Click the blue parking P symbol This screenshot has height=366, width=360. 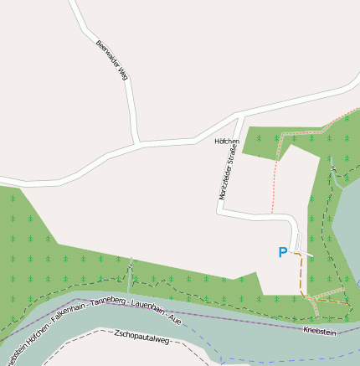pos(282,252)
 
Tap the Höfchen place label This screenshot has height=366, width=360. pos(227,142)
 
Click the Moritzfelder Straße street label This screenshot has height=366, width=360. pos(225,173)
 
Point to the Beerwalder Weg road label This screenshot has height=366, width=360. pos(111,59)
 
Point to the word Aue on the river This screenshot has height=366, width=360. pos(174,318)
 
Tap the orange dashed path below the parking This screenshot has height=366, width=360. pos(301,272)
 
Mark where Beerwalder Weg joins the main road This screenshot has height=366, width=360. pos(137,144)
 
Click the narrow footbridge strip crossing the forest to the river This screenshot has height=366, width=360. pos(131,272)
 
